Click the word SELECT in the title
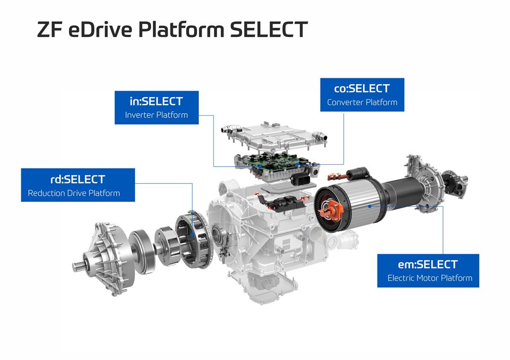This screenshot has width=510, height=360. click(x=269, y=29)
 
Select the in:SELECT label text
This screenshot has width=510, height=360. click(x=156, y=101)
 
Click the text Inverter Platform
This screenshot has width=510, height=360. click(x=156, y=115)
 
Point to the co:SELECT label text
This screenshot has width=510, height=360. click(x=362, y=88)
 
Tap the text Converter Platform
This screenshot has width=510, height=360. click(x=362, y=102)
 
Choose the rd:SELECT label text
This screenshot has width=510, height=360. click(x=78, y=179)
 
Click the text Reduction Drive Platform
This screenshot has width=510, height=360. click(x=74, y=193)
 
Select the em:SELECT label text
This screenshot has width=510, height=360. click(x=428, y=265)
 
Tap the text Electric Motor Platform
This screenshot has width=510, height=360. click(x=430, y=278)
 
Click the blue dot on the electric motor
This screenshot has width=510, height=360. click(x=370, y=206)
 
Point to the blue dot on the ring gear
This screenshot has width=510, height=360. click(x=192, y=234)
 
